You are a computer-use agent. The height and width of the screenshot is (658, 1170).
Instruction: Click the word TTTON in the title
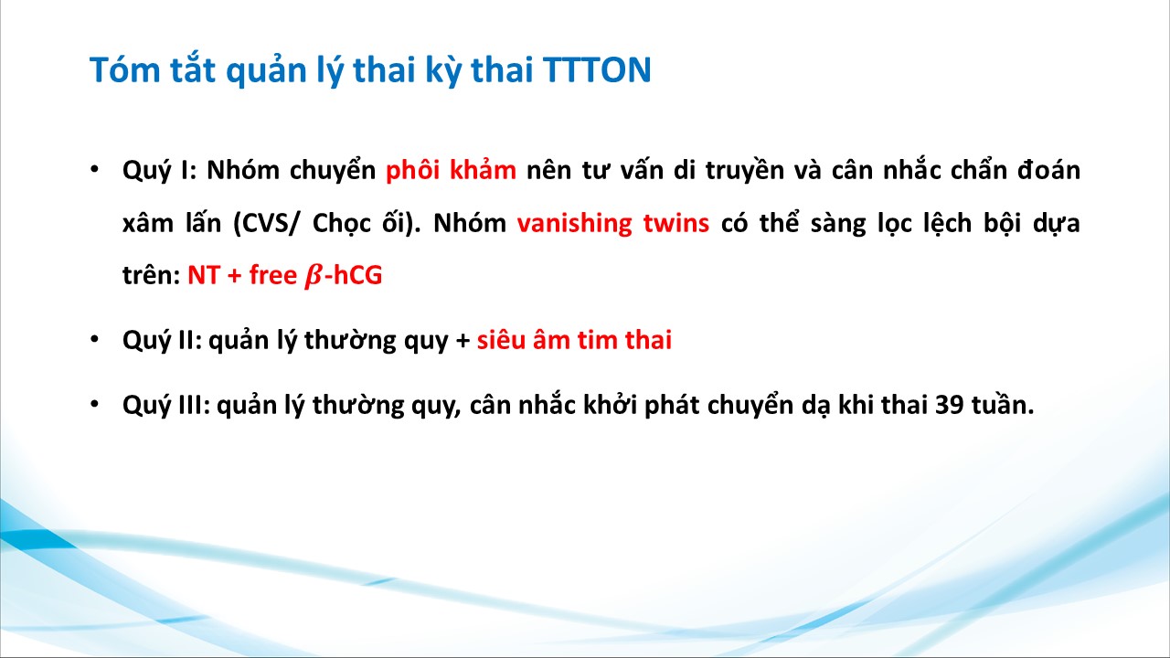pos(597,69)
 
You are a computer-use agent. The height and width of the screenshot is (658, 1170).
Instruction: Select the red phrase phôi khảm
pos(451,170)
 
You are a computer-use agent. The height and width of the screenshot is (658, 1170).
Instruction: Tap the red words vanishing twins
pos(613,222)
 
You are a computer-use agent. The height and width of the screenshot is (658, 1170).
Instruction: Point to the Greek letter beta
pos(314,275)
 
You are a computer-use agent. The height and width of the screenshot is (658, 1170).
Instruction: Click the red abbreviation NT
pos(204,275)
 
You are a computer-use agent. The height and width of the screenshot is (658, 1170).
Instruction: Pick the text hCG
pos(357,275)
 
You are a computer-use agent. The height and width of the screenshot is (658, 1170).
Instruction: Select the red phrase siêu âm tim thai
pos(574,339)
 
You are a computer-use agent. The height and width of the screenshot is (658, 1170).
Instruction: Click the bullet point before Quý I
pos(94,169)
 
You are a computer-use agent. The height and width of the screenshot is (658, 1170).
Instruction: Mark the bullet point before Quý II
pos(94,339)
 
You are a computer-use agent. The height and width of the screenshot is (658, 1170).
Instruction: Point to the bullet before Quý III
pos(94,404)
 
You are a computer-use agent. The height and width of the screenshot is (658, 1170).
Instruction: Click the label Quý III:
pos(166,405)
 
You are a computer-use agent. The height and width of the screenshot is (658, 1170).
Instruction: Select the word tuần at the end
pos(1003,404)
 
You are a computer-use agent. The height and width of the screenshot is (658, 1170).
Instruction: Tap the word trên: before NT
pos(152,275)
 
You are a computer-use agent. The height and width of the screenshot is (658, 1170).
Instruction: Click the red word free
pos(273,275)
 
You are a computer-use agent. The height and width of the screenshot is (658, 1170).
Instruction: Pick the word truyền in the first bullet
pos(745,170)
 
